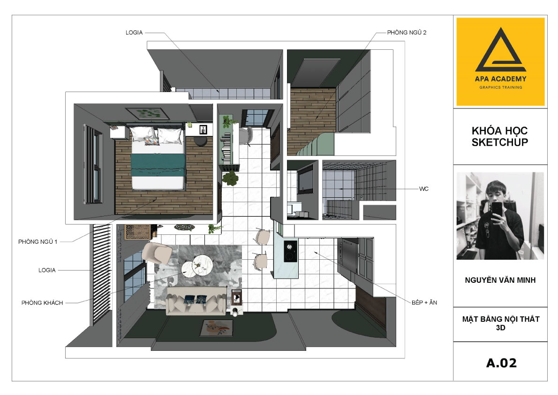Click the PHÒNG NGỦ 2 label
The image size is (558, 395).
[407, 32]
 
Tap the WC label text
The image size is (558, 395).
[423, 189]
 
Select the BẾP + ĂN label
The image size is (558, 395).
[424, 302]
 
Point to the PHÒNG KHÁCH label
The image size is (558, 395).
[42, 302]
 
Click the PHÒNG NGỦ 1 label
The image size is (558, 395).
[38, 242]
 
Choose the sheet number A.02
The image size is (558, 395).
[501, 363]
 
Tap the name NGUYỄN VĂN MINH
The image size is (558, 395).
[500, 280]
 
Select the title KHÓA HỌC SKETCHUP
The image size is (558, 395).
[500, 136]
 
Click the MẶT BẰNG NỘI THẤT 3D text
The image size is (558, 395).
[501, 323]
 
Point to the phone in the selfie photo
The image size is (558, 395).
[497, 209]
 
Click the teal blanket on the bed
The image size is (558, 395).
[158, 165]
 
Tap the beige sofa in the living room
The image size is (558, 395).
[196, 301]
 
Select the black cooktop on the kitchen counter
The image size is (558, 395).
[290, 251]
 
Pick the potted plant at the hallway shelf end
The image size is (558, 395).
[231, 178]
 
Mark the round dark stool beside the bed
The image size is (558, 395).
[201, 141]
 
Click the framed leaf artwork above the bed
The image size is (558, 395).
[147, 114]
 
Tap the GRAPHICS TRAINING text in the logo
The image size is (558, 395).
[500, 87]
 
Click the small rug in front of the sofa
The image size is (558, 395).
[217, 328]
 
